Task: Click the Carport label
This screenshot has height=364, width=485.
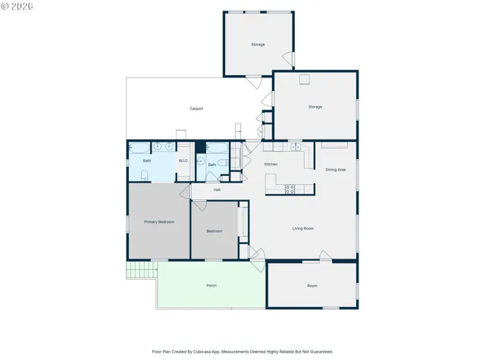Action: point(196,108)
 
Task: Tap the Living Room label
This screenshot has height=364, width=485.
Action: point(303,228)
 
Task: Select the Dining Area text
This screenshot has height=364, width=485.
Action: point(336,170)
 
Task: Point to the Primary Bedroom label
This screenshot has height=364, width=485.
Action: point(159,222)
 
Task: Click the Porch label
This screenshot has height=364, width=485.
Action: point(211,285)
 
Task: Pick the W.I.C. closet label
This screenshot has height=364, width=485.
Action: point(183,161)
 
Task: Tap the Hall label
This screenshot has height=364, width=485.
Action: point(217,190)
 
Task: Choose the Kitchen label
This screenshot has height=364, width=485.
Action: point(271,164)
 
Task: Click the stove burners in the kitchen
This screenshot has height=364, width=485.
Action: point(289,189)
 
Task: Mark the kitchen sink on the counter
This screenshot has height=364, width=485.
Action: point(296,146)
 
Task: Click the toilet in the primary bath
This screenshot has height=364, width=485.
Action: point(145,175)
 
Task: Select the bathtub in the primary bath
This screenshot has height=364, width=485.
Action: point(139,148)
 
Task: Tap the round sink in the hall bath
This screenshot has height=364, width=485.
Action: point(201,162)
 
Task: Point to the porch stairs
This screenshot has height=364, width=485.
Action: point(142,270)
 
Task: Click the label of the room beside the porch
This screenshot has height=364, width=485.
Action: point(312,286)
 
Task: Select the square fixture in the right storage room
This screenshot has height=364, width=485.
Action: point(305,79)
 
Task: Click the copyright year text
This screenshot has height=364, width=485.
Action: point(21,7)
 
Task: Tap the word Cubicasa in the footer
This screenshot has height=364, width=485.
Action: point(202,352)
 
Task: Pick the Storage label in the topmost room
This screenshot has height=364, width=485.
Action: point(258,45)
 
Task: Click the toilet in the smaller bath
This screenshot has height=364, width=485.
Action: point(223,162)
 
